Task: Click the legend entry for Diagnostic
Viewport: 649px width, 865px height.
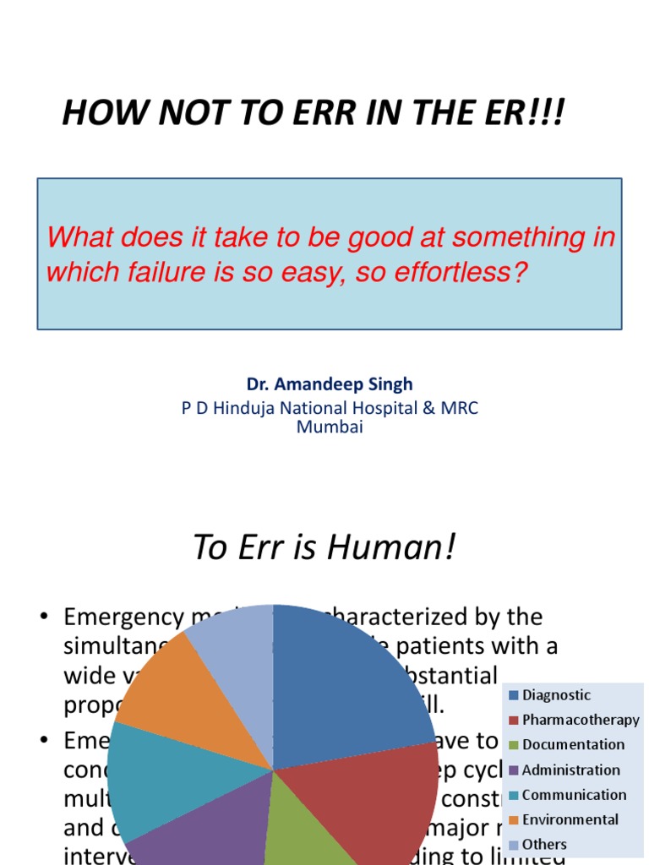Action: (x=556, y=695)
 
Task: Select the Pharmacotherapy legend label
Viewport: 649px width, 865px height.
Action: (x=581, y=721)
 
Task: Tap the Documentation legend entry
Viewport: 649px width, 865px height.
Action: (x=573, y=745)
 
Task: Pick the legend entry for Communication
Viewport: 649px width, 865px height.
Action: (x=574, y=795)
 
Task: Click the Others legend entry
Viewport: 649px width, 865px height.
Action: (x=544, y=844)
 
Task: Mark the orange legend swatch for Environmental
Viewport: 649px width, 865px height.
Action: (x=513, y=820)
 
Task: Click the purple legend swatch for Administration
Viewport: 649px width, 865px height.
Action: (x=513, y=770)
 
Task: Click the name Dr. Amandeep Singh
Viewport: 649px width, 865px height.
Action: (x=330, y=384)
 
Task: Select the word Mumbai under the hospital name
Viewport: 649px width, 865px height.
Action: (x=330, y=427)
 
